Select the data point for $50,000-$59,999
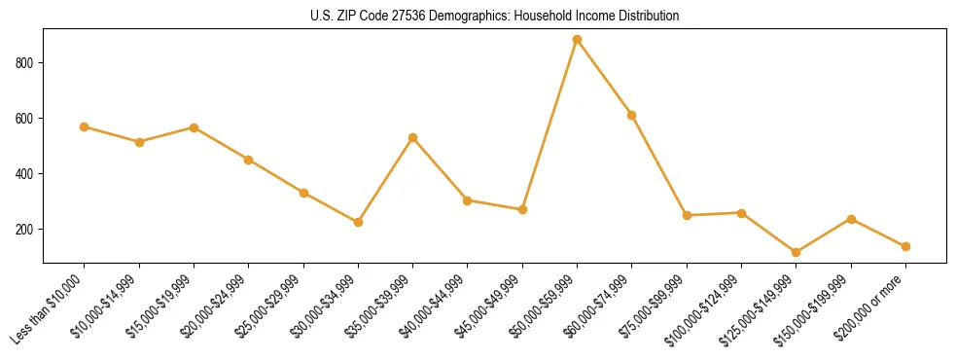[x=577, y=40]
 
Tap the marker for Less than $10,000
[x=85, y=126]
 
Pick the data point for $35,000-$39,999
[x=412, y=138]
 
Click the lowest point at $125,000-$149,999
[x=796, y=252]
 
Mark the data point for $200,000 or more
[x=905, y=246]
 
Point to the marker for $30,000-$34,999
[x=358, y=222]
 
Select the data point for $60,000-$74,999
[x=631, y=115]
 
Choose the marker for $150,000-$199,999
[x=851, y=219]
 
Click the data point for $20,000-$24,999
[x=248, y=160]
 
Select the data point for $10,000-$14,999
[x=139, y=142]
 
